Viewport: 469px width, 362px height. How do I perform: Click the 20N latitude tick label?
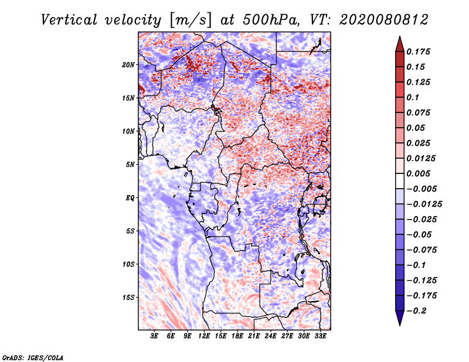tap(128, 64)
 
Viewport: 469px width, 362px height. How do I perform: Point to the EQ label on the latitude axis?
tap(130, 198)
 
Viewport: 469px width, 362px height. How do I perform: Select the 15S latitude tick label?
tap(128, 298)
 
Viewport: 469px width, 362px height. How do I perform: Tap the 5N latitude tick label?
tap(130, 165)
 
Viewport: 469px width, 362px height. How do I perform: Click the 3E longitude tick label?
tap(155, 337)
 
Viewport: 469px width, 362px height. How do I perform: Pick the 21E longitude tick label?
tap(254, 337)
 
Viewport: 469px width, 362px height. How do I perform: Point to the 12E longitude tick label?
tap(204, 337)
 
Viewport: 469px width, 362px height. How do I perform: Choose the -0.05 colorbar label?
tap(421, 234)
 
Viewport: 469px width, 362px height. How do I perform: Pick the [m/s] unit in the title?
tap(189, 19)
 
